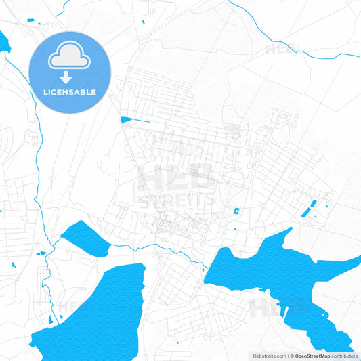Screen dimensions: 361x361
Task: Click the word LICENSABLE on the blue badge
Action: pos(70,92)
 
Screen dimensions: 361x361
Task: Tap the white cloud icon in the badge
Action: pos(70,58)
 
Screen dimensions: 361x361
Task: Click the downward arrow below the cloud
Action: pos(70,77)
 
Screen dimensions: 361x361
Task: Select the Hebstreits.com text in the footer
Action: pos(267,356)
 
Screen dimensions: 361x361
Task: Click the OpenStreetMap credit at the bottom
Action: pos(312,356)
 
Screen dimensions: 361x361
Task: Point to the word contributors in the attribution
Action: pos(345,356)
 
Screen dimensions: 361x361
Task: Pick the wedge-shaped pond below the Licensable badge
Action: pos(133,121)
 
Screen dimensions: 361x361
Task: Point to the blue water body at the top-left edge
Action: pos(4,42)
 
